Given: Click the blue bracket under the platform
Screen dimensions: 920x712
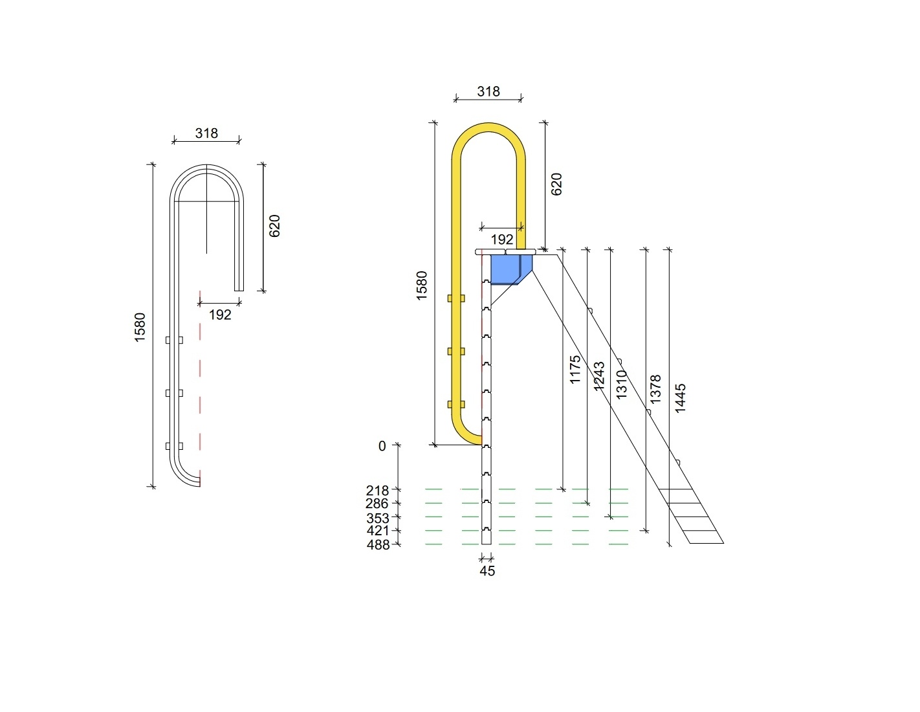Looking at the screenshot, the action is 510,269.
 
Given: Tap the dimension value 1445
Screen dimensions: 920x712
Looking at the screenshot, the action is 680,398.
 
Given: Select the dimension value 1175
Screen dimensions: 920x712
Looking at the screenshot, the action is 575,370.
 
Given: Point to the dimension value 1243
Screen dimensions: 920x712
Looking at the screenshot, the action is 598,375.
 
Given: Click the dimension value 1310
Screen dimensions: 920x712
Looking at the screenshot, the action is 621,384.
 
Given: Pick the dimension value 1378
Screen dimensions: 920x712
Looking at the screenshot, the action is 655,389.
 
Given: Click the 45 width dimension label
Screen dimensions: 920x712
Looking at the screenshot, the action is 487,571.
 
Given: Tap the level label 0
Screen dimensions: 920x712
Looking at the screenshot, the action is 382,446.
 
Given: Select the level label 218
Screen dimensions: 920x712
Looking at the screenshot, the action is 377,491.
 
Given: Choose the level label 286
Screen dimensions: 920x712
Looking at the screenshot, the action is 377,504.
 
